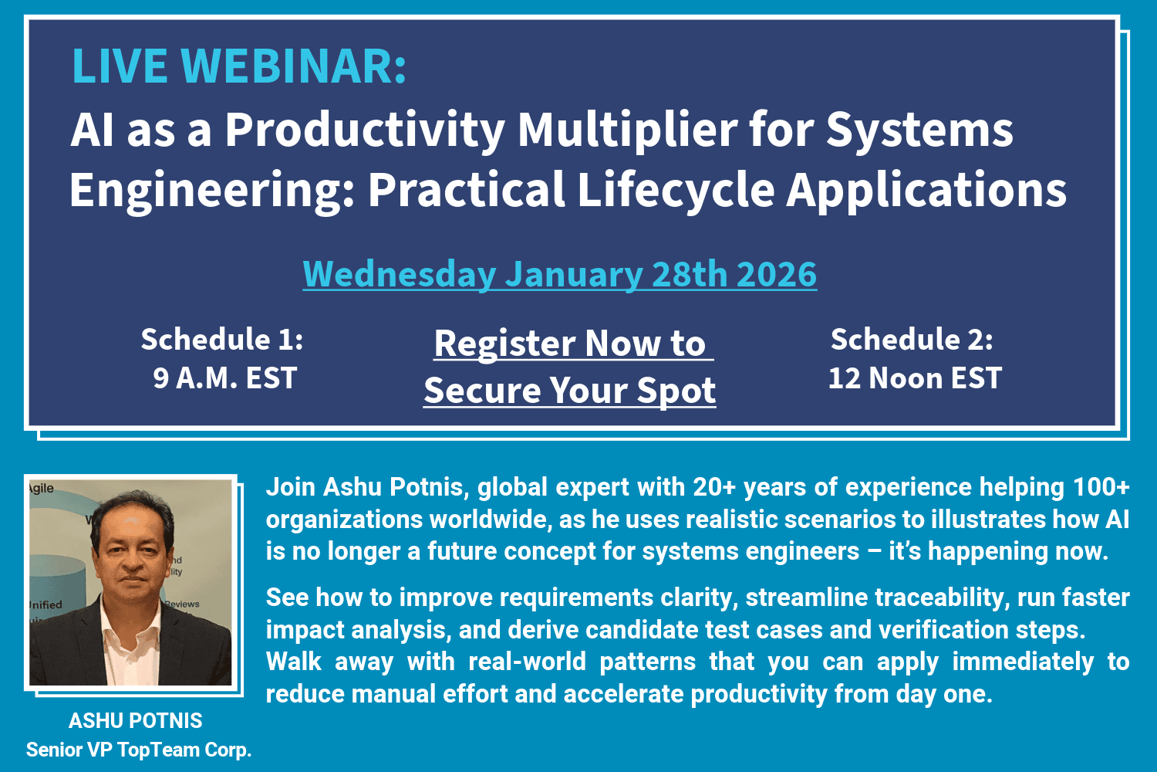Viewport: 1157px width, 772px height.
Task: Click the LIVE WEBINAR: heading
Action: (239, 66)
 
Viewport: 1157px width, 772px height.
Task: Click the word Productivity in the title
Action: (364, 130)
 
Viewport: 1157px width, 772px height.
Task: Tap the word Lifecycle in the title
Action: (675, 190)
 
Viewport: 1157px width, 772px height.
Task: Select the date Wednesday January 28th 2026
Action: (559, 275)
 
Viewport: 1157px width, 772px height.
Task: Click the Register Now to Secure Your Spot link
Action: (570, 367)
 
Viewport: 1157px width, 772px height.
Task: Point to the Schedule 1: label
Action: (222, 340)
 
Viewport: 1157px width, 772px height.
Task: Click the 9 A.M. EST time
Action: (224, 378)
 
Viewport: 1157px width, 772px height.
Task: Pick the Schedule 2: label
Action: (912, 340)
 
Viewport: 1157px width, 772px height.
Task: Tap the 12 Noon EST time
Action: (915, 378)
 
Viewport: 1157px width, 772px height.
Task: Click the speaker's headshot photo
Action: (130, 582)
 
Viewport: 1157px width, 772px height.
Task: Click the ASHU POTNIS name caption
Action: (136, 720)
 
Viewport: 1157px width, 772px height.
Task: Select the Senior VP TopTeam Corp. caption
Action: (139, 750)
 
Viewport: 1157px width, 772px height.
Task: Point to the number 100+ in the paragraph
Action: (1101, 487)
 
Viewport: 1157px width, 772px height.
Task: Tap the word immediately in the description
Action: (1022, 662)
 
